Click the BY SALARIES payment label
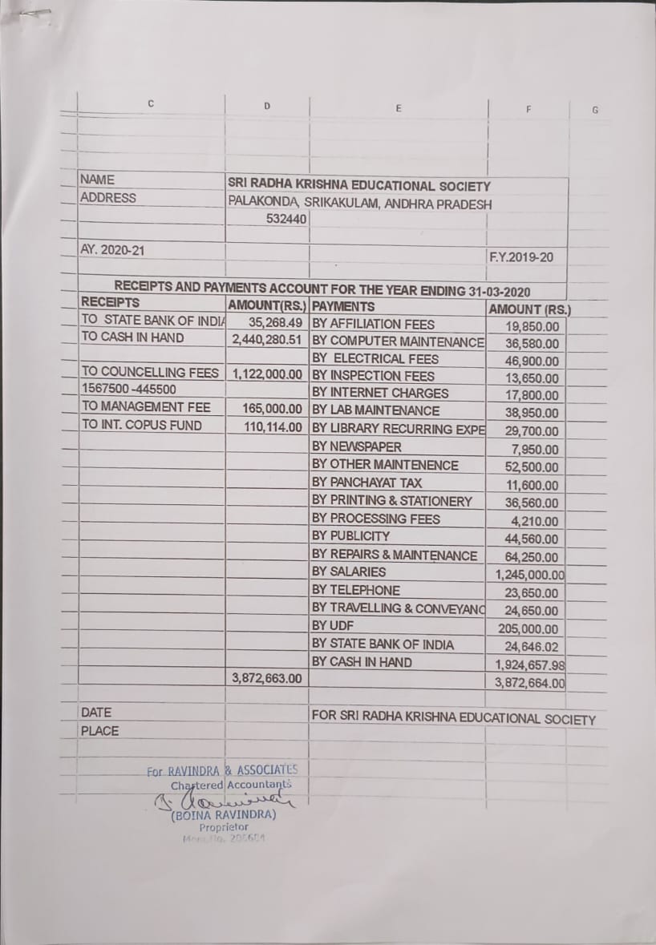tap(349, 572)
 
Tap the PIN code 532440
tap(287, 218)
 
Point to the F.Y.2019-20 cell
tap(520, 257)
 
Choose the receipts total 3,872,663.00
tap(267, 678)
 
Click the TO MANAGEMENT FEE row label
tap(146, 407)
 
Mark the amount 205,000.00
tap(528, 629)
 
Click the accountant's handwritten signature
tap(221, 800)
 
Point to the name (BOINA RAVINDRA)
tap(224, 815)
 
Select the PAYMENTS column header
tap(343, 306)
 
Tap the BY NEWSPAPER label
tap(357, 446)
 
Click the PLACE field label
tap(99, 731)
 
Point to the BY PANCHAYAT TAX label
tap(366, 483)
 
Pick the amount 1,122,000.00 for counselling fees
tap(267, 374)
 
